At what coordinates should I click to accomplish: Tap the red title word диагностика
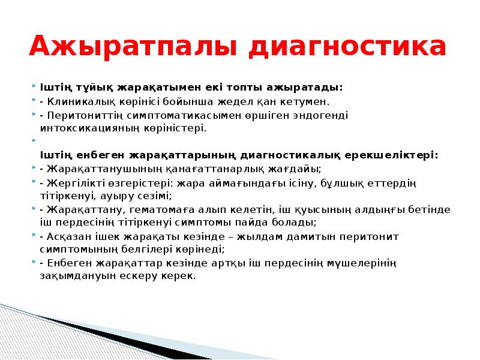(347, 47)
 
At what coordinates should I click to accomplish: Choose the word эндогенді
(322, 116)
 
